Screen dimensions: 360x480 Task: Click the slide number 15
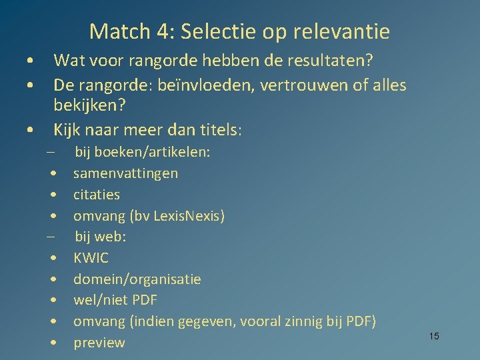pos(434,336)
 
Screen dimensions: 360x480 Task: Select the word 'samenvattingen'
pos(125,173)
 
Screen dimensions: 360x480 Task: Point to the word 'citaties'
pos(97,195)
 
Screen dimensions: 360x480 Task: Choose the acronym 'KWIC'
pos(91,258)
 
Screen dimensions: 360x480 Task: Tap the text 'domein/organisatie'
pos(137,279)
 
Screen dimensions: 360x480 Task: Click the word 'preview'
pos(99,343)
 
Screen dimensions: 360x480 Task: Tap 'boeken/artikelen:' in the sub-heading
pos(152,153)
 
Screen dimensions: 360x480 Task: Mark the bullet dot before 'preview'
pos(52,343)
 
